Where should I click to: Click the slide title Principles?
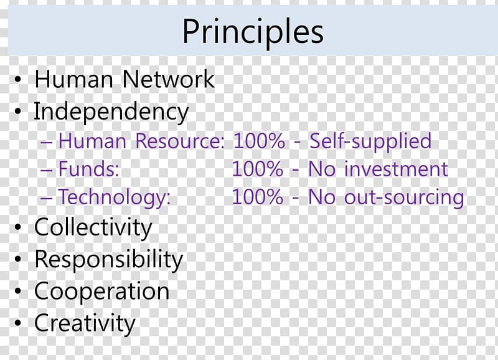click(253, 31)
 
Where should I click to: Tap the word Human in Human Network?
click(73, 79)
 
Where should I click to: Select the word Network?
click(168, 79)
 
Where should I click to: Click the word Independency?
click(111, 113)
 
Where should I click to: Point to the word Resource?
click(180, 141)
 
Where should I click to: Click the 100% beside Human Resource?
click(259, 141)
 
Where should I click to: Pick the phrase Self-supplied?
click(370, 142)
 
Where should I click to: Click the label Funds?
click(89, 169)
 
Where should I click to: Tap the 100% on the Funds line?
click(258, 169)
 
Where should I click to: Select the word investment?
click(397, 169)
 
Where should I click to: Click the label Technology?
click(115, 197)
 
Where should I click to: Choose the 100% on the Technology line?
click(258, 197)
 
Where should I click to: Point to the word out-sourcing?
click(404, 197)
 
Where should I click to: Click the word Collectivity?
click(93, 228)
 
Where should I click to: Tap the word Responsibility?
click(108, 260)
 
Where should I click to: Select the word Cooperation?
click(102, 291)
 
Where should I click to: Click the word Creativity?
click(85, 324)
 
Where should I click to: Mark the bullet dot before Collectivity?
click(18, 227)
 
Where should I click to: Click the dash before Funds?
click(46, 170)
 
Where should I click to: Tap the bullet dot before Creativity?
click(18, 323)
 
